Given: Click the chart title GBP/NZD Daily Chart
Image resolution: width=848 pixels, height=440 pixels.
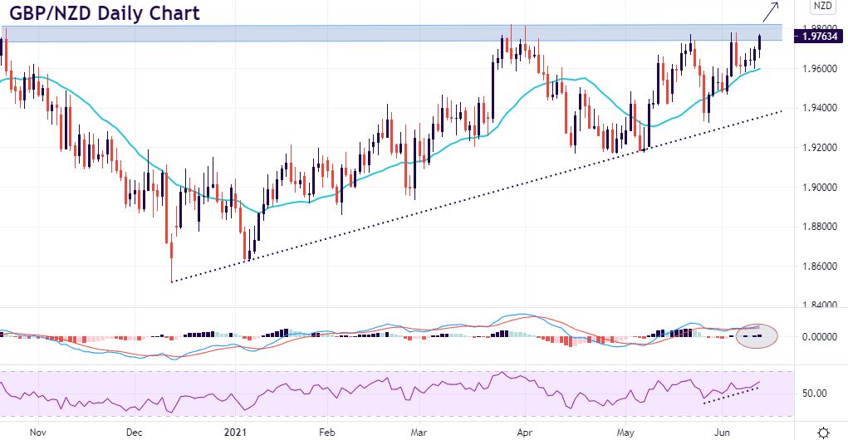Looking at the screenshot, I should [100, 14].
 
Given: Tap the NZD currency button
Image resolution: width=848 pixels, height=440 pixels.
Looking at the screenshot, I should [822, 7].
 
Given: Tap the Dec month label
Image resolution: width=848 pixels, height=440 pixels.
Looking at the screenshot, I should [135, 433].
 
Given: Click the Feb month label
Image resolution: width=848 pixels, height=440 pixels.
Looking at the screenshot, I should [326, 433].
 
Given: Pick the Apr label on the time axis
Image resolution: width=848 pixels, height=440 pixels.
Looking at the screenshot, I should [524, 433].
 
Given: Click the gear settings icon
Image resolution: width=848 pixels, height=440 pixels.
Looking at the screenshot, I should [822, 432].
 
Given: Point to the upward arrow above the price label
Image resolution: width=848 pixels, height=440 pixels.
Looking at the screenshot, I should [770, 11].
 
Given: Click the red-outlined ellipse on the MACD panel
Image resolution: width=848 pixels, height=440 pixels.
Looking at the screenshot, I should [757, 336].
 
